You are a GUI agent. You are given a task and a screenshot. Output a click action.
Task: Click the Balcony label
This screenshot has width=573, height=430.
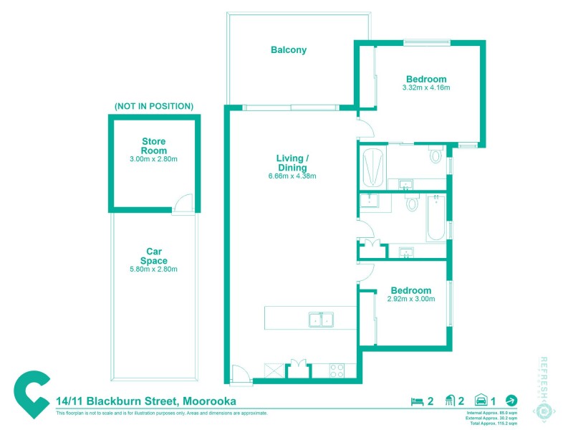tap(289, 50)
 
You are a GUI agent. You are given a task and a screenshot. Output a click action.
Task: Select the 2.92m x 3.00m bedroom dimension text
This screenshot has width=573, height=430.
tap(411, 299)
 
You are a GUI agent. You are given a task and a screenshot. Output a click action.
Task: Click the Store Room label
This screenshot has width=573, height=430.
tap(154, 145)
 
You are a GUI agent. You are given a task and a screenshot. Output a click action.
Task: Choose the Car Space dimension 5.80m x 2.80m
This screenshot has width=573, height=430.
tap(153, 269)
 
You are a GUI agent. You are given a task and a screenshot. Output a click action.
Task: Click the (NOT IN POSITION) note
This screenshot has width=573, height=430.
tap(153, 106)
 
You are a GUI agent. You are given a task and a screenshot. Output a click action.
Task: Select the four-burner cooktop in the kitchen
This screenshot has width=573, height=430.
tap(336, 370)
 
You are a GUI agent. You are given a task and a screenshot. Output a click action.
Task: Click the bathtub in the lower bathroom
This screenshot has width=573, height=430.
tap(435, 218)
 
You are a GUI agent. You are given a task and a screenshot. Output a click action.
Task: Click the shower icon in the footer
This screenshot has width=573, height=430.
tap(451, 401)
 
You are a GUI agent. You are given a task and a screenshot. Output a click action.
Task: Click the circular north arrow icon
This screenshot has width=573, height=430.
tap(511, 401)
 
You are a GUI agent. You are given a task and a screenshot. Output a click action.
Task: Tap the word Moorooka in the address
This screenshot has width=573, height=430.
tap(209, 401)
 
